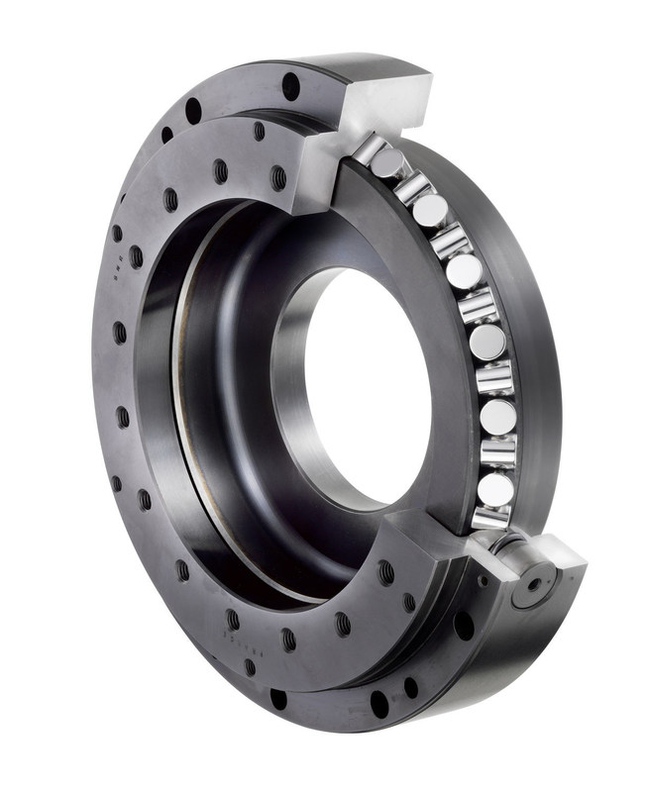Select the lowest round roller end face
pyautogui.click(x=493, y=488)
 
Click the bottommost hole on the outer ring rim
pyautogui.click(x=379, y=704)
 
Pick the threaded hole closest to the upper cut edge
pyautogui.click(x=279, y=178)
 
